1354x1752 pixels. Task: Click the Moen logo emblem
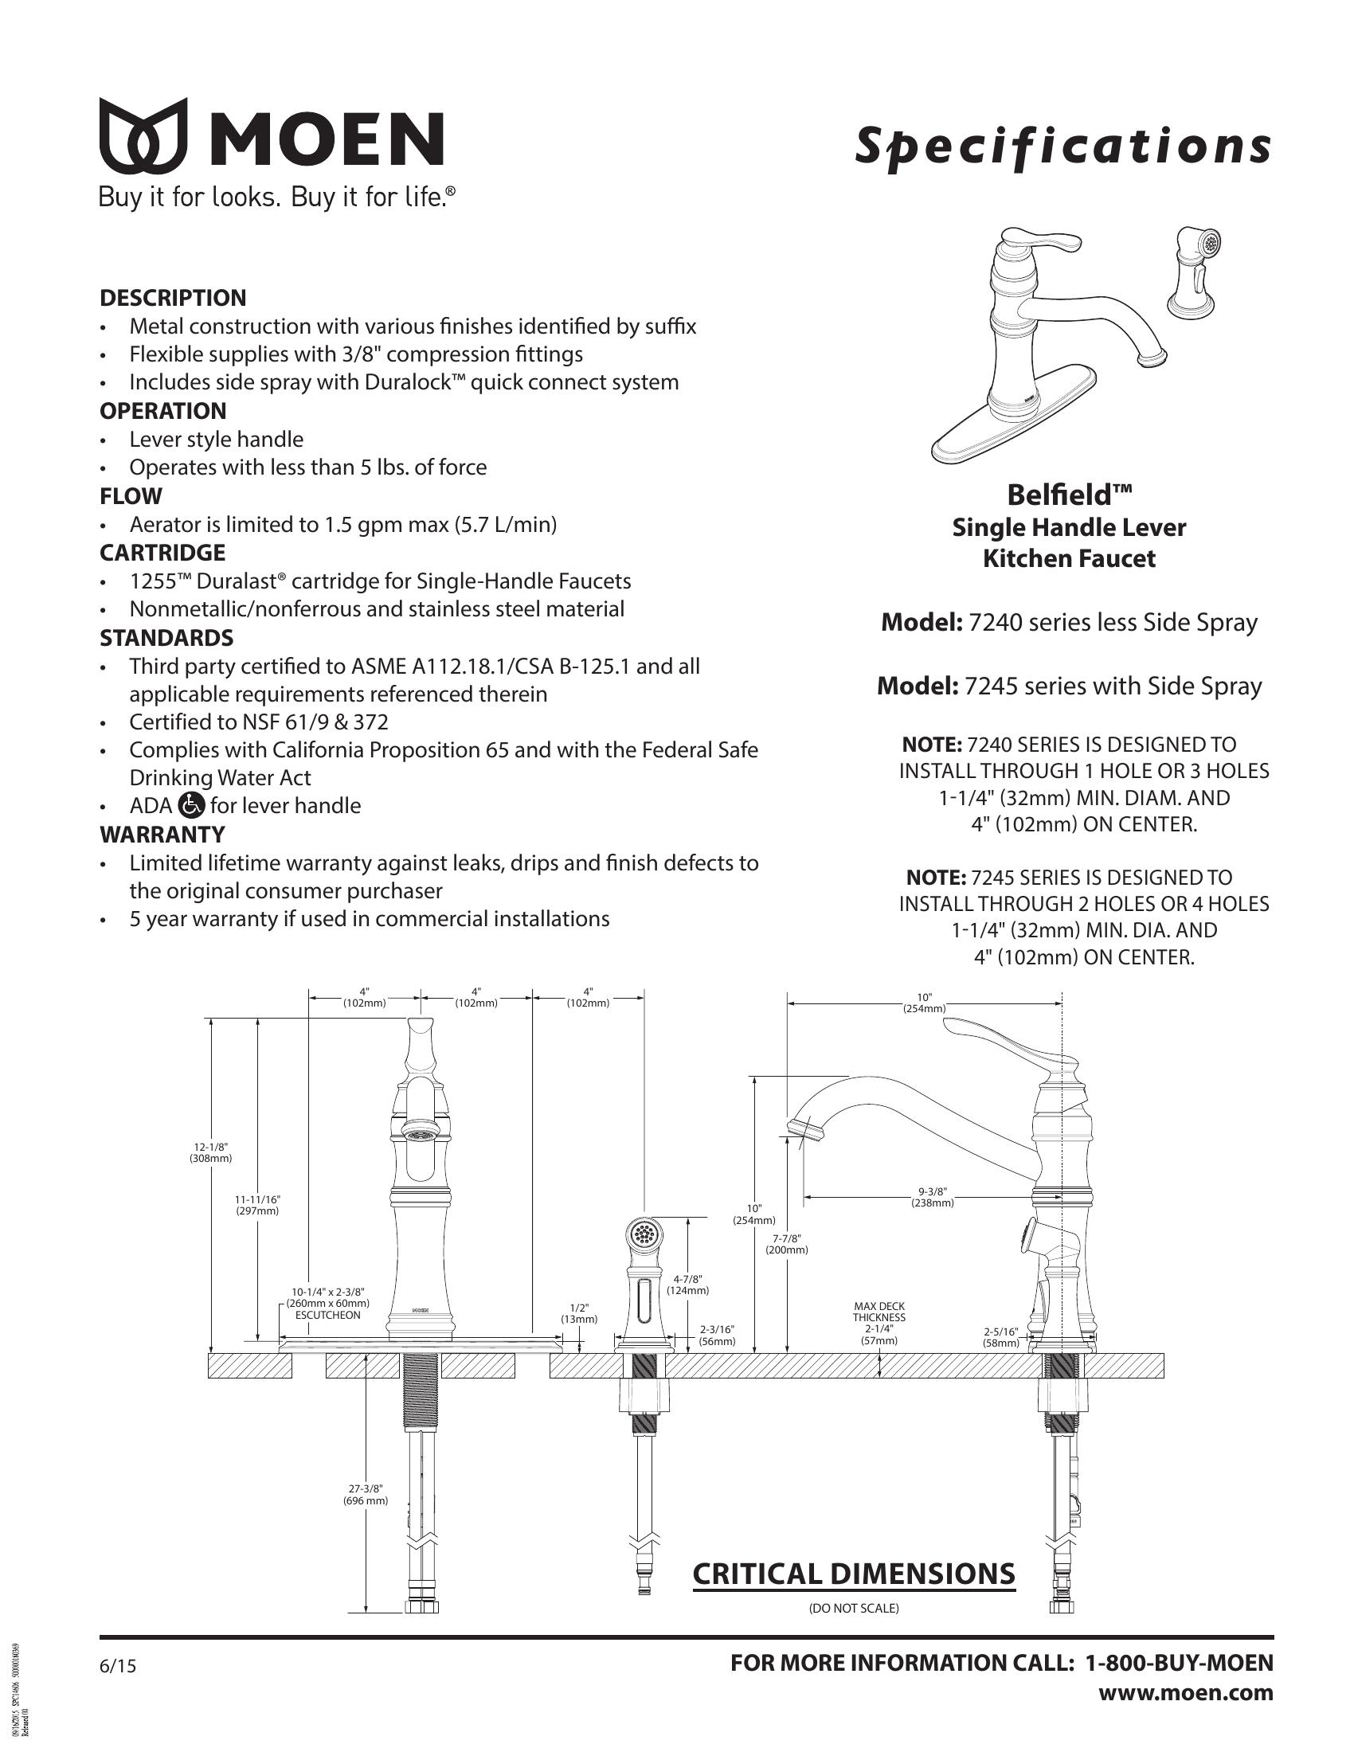pos(143,135)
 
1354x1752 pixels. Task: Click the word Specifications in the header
pos(1062,147)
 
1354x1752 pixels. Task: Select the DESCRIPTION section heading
pos(173,298)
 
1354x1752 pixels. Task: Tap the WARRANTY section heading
pos(162,835)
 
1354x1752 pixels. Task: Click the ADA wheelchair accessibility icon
pos(192,804)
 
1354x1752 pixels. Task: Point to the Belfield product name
pos(1069,495)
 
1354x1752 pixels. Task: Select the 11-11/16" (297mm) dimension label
pos(256,1205)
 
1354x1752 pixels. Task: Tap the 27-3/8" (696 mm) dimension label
pos(366,1495)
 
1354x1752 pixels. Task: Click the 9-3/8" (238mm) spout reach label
pos(931,1197)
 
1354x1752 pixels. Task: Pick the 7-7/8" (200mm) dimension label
pos(786,1244)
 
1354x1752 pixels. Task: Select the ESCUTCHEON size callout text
pos(327,1304)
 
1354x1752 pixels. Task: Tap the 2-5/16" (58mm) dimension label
pos(1000,1336)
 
